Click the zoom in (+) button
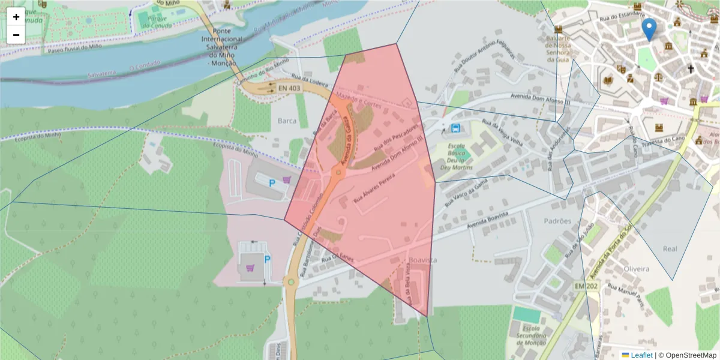pyautogui.click(x=16, y=17)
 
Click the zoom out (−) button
pyautogui.click(x=16, y=35)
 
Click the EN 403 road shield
pyautogui.click(x=289, y=88)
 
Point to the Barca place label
pyautogui.click(x=287, y=121)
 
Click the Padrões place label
pyautogui.click(x=557, y=221)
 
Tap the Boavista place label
pyautogui.click(x=422, y=260)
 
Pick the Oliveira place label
pyautogui.click(x=637, y=269)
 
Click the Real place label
pyautogui.click(x=670, y=248)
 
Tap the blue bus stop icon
pyautogui.click(x=456, y=128)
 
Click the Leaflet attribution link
pyautogui.click(x=641, y=355)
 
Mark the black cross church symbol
pyautogui.click(x=691, y=69)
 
